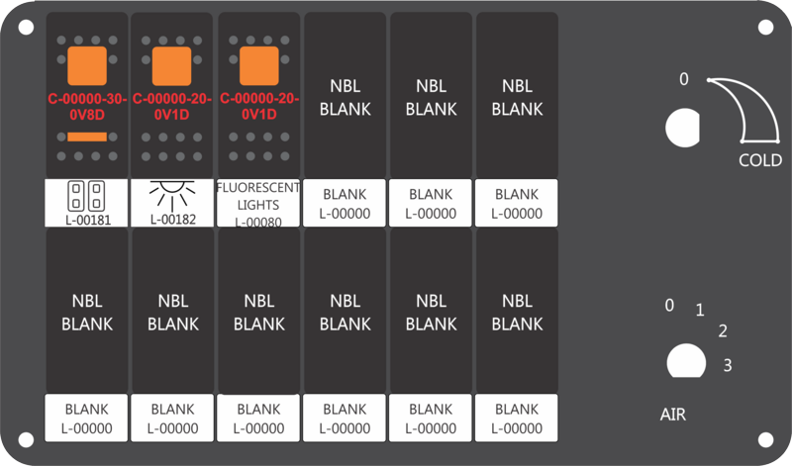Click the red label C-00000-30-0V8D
[87, 107]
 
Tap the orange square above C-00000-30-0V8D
[87, 65]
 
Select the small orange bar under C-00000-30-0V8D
[87, 137]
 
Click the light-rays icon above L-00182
[172, 195]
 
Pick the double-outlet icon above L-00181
[86, 195]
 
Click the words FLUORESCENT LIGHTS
[258, 196]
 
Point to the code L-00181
[88, 220]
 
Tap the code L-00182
[173, 220]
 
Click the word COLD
[760, 160]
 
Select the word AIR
[673, 415]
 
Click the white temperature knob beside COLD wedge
[682, 128]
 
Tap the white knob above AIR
[686, 361]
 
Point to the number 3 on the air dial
[728, 365]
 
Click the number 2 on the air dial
[723, 331]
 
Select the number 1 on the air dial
[700, 310]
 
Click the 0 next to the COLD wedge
[683, 79]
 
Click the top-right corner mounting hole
[765, 28]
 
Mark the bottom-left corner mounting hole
[27, 439]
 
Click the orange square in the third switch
[259, 65]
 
